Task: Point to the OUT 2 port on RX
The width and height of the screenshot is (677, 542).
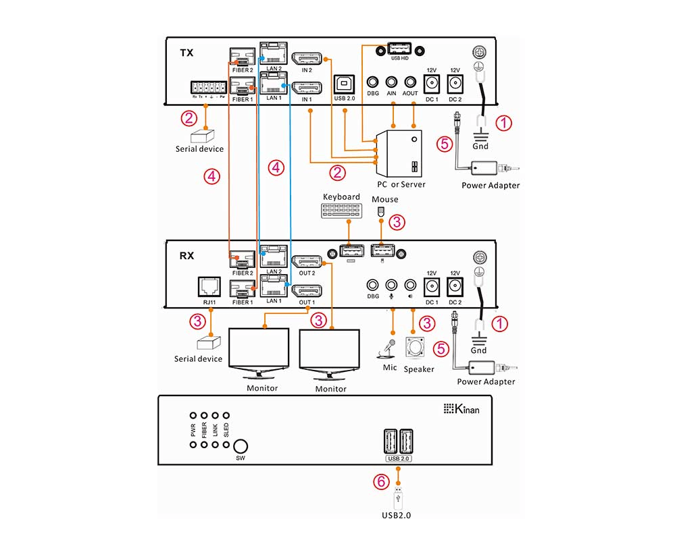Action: (307, 261)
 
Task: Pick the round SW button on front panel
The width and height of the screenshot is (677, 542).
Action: (241, 446)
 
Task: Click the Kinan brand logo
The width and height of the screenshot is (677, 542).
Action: (461, 408)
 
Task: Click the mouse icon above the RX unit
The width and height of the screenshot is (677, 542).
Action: (380, 211)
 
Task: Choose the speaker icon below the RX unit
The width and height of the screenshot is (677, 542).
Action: (416, 346)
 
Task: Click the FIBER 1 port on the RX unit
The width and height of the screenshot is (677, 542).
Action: (242, 290)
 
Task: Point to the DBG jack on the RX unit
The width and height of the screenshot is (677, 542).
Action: (372, 286)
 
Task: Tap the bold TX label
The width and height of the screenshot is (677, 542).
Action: (187, 51)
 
